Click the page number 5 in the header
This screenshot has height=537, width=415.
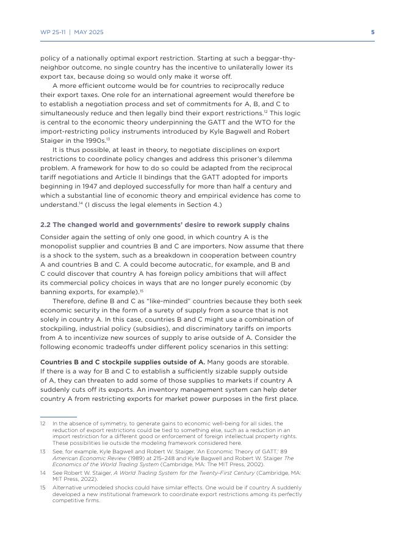(372, 32)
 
